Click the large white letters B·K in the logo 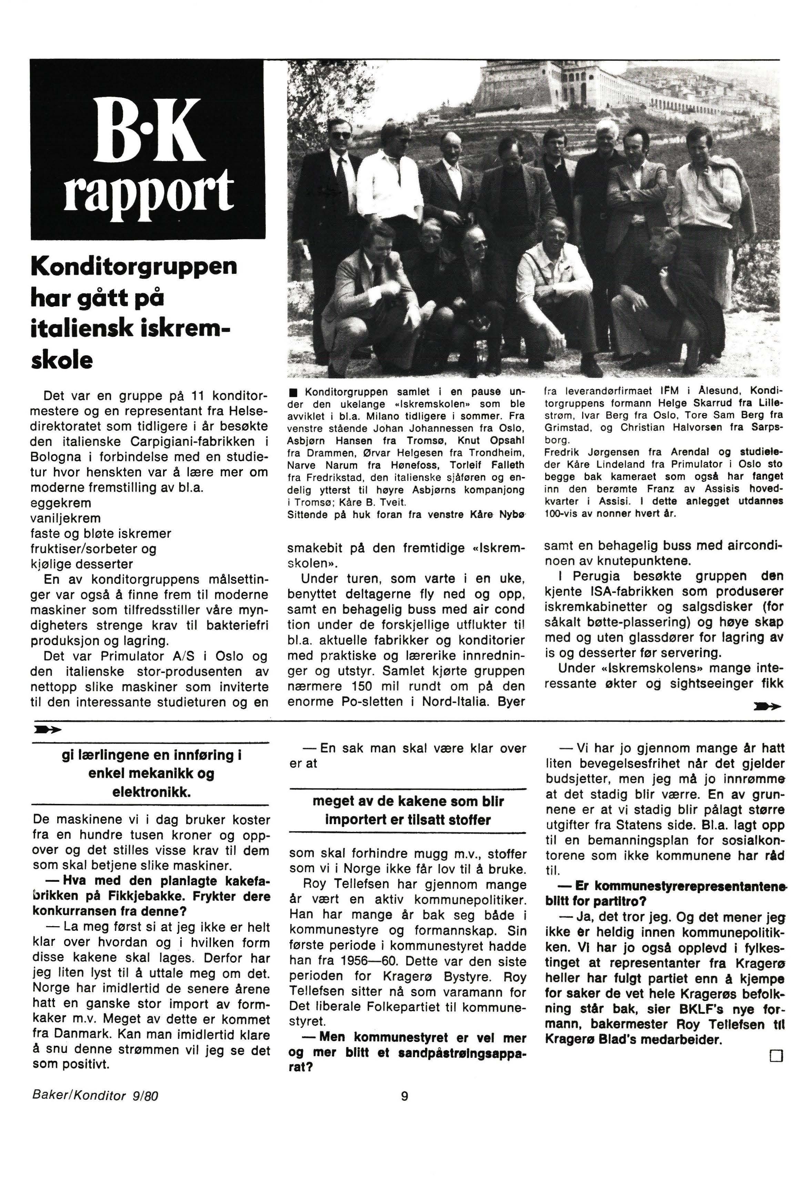click(148, 131)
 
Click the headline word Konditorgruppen click(134, 266)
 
